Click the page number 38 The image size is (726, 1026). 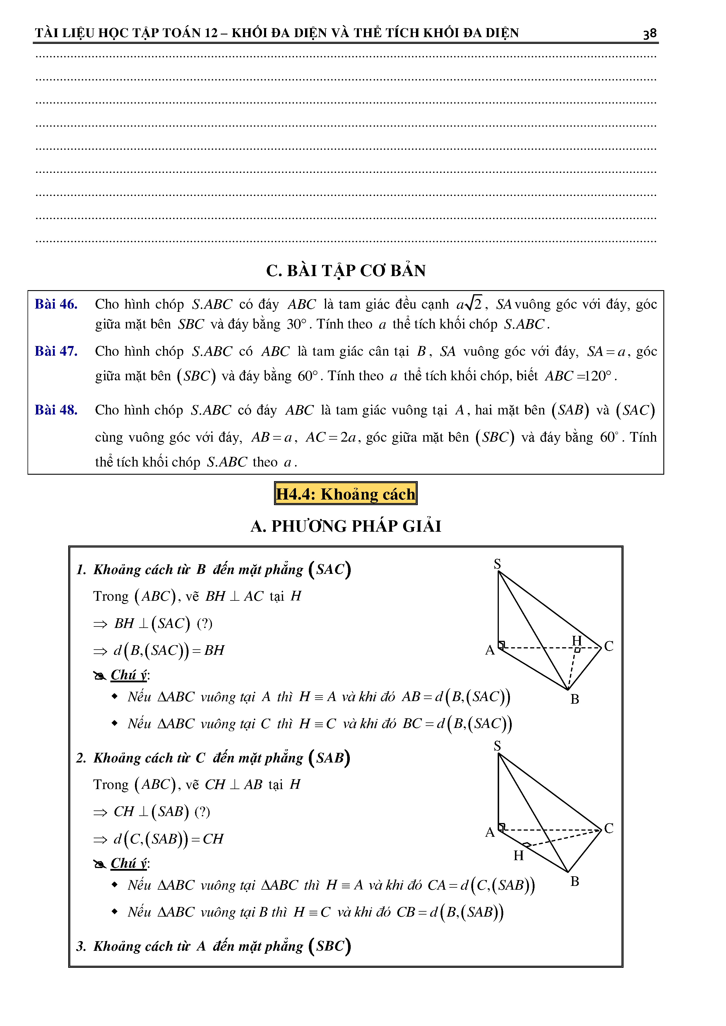(650, 34)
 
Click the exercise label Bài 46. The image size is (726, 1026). (56, 304)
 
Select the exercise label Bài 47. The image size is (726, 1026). (56, 351)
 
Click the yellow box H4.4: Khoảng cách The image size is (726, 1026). (345, 494)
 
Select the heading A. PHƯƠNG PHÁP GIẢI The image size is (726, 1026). (345, 526)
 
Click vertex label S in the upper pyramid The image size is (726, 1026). (497, 564)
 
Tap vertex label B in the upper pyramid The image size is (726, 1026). (575, 699)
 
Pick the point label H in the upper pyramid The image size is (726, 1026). (577, 640)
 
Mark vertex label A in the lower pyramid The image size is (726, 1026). (490, 832)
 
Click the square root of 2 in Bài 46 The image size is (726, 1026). (473, 304)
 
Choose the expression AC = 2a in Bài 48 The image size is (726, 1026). (331, 437)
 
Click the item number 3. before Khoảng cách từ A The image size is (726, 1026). (81, 946)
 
